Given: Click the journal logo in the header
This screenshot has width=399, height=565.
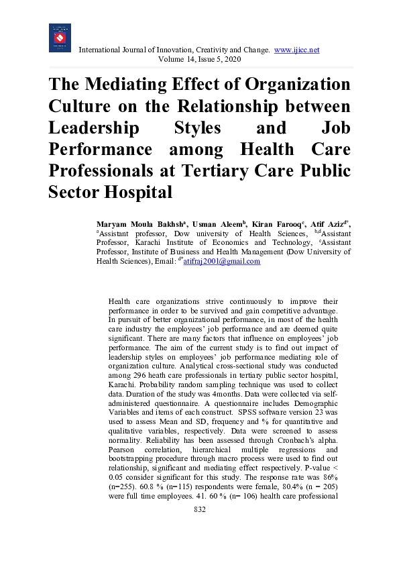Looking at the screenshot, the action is click(x=60, y=38).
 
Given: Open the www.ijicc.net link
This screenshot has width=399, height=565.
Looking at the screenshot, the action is click(x=297, y=50).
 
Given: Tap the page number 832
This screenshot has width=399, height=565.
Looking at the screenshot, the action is click(x=199, y=510).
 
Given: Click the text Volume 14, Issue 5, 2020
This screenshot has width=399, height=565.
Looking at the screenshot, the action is click(x=199, y=60).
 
